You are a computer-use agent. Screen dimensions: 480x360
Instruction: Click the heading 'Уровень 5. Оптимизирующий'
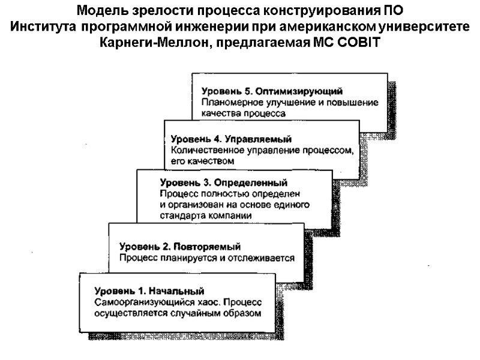click(272, 91)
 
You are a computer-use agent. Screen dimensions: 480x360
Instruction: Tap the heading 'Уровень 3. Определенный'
click(224, 182)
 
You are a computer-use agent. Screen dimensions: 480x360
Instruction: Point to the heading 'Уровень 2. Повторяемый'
click(180, 247)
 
